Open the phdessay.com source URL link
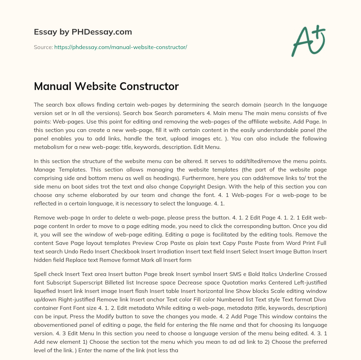click(x=121, y=47)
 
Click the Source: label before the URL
click(x=43, y=47)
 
